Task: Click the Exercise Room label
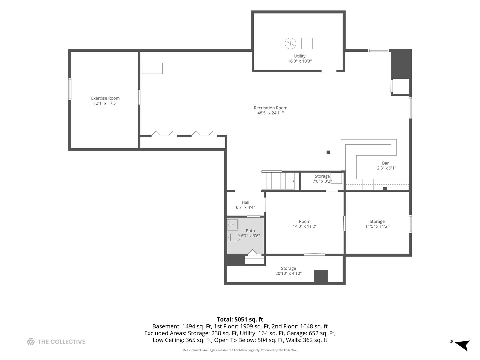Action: pos(105,98)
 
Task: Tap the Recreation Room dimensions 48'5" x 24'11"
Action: pos(270,113)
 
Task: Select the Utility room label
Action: pos(300,56)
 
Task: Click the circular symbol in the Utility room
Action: pos(290,43)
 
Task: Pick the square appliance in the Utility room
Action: pos(307,43)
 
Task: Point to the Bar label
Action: pos(385,163)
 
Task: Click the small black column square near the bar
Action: pos(328,152)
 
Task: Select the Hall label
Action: pos(245,202)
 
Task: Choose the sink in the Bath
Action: pos(233,224)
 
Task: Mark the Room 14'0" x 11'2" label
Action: pos(305,224)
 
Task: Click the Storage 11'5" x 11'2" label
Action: pos(377,224)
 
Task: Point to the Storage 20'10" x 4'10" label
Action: pos(288,271)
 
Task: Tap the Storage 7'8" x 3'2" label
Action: pos(322,179)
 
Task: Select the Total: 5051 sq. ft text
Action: pos(240,319)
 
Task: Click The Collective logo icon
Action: pos(31,341)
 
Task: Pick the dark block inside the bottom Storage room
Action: pos(321,276)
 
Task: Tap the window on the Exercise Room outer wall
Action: pos(70,89)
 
